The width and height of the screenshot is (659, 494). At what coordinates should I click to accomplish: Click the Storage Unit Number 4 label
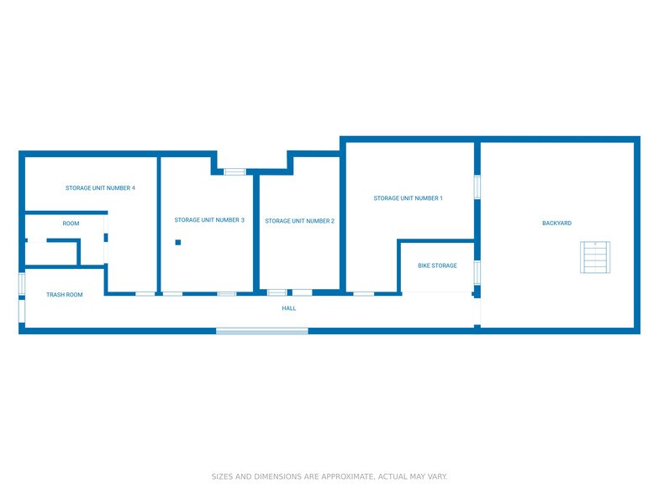coord(100,188)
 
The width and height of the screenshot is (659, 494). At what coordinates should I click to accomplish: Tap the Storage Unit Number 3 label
coord(209,220)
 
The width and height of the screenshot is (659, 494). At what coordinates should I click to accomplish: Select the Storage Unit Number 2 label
coord(299,221)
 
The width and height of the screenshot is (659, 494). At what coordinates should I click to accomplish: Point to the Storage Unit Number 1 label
coord(408,198)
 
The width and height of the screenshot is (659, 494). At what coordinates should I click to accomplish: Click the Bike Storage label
coord(437,265)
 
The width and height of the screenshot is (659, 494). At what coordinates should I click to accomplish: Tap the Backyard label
coord(556,223)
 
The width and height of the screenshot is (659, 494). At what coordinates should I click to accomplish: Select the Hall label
coord(288,308)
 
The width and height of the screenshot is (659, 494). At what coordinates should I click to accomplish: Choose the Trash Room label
coord(64,295)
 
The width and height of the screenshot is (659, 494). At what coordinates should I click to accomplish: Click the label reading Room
coord(71,223)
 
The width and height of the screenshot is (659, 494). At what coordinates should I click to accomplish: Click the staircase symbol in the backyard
coord(593,257)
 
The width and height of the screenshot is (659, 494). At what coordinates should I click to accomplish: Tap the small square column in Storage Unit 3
coord(178,243)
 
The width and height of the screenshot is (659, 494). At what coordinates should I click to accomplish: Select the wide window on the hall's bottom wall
coord(262,331)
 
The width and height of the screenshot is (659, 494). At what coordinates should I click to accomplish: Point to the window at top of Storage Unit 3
coord(235,171)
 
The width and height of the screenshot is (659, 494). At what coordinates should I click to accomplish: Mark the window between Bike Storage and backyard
coord(477,272)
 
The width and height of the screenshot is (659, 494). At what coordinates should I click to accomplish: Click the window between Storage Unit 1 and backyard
coord(477,187)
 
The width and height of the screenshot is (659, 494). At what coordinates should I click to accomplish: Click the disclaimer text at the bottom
coord(329,476)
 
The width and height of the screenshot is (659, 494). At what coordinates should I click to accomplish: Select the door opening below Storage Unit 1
coord(363,293)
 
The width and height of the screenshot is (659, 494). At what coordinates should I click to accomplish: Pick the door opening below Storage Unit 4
coord(145,293)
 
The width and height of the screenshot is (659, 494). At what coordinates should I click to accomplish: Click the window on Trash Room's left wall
coord(21,284)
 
